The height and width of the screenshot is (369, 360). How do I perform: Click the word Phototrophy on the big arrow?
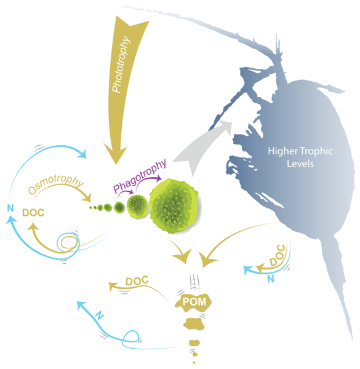(x=121, y=64)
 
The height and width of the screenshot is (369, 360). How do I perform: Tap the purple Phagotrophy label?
(x=140, y=176)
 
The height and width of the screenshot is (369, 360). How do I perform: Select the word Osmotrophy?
(x=56, y=184)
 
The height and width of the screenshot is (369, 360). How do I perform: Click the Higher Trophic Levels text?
(x=300, y=157)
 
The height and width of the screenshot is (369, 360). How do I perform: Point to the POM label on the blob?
(x=194, y=302)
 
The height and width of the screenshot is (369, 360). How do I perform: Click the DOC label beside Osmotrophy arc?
(x=33, y=213)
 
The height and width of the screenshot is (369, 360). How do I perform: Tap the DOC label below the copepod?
(x=278, y=255)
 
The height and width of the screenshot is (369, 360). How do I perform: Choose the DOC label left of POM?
(x=137, y=280)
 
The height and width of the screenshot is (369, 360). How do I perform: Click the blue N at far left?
(x=10, y=208)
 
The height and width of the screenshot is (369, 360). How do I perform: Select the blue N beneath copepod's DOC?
(x=271, y=279)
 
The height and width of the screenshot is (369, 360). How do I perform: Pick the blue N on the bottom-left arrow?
(x=100, y=315)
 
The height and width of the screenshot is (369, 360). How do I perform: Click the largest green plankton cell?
(x=174, y=206)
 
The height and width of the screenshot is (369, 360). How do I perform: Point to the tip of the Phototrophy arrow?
(x=116, y=164)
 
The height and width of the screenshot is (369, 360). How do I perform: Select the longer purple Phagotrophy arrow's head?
(x=158, y=178)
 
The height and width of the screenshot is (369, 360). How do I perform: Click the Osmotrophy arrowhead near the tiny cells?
(x=87, y=199)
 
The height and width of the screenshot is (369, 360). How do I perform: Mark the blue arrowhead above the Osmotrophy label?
(x=82, y=154)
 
